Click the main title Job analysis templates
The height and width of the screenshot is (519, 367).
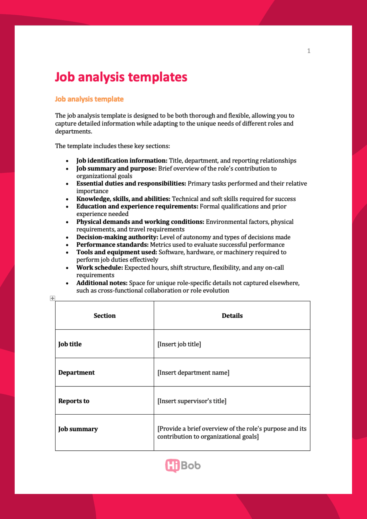point(121,77)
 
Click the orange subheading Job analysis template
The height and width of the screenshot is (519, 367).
point(89,99)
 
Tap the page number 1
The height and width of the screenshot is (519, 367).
point(309,51)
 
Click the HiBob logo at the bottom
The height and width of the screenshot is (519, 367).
point(183,466)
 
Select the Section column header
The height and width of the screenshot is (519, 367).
point(105,316)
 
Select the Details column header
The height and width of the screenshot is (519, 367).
point(232,316)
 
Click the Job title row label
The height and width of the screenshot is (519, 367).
point(70,344)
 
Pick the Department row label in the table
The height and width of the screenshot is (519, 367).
point(76,372)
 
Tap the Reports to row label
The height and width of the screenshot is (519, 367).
point(74,401)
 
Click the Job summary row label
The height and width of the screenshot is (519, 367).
point(78,429)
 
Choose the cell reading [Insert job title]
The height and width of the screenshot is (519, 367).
point(179,344)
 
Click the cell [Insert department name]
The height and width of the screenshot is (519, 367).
point(193,372)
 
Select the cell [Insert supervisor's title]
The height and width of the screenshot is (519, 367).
point(192,401)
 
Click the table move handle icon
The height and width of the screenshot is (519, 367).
point(53,298)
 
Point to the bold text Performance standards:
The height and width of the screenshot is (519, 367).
point(112,245)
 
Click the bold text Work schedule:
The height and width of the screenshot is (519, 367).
point(100,267)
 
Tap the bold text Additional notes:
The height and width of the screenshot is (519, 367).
point(102,283)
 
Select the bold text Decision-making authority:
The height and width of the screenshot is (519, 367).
point(117,237)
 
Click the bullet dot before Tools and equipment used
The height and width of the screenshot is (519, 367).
point(67,252)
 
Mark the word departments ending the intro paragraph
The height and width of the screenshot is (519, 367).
point(73,132)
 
